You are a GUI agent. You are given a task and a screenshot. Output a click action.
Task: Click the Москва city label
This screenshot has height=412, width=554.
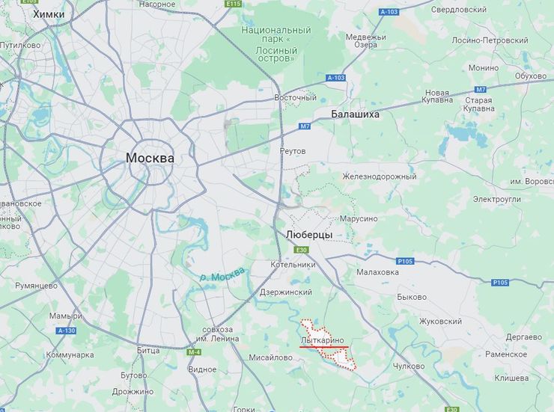coord(150,159)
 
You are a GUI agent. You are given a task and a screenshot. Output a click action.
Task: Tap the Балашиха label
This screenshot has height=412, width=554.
coord(355,114)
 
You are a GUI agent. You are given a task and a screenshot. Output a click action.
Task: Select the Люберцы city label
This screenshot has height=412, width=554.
coord(309,235)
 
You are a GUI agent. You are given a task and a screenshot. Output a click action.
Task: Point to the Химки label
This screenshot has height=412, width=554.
coord(49,14)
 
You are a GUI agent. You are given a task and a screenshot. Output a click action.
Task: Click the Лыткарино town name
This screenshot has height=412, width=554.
coord(323,340)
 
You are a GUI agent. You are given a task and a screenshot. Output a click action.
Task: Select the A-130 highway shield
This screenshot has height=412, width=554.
coord(67,330)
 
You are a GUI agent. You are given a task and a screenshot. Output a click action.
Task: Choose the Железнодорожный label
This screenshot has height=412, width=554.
coord(379,176)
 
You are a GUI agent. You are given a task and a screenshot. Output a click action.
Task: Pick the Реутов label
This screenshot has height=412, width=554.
coord(293,151)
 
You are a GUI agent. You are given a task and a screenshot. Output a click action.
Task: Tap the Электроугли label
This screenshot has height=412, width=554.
coord(496,200)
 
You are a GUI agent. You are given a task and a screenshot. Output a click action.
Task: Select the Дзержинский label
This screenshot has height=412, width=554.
coord(285,292)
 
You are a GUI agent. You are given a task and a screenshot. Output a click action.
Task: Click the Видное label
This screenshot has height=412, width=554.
coord(202,369)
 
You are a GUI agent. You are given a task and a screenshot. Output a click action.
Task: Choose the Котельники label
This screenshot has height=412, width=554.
coord(293,264)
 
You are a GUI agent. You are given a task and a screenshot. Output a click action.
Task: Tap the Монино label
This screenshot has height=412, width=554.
coord(483,68)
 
